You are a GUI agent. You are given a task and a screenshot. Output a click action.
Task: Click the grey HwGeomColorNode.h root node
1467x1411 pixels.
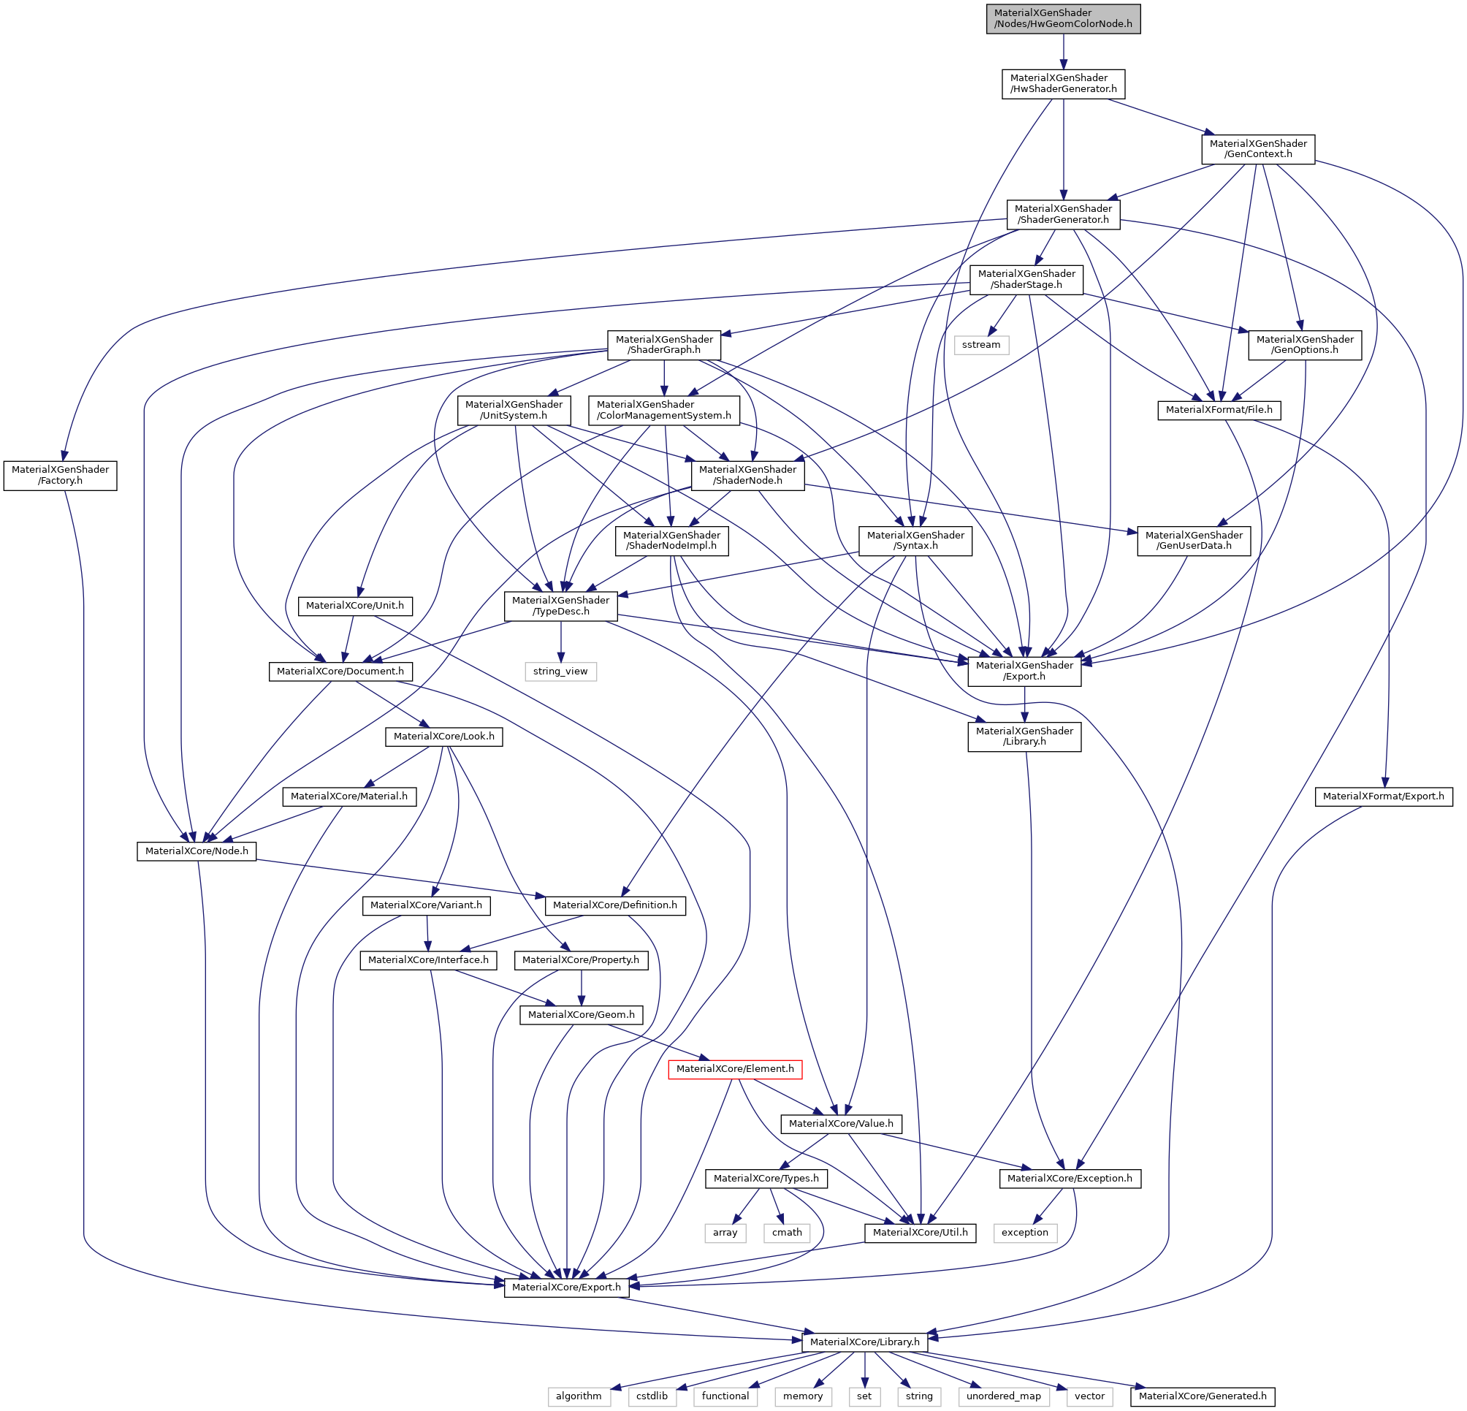click(x=1063, y=19)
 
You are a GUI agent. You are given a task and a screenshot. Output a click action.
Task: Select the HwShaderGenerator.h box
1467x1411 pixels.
click(x=1063, y=83)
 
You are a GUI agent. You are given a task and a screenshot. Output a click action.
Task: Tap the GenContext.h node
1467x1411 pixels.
click(x=1258, y=149)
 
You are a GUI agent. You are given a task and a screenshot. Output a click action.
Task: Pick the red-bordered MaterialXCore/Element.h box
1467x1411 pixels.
click(x=735, y=1068)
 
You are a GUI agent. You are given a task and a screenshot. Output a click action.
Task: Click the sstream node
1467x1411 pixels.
click(x=981, y=344)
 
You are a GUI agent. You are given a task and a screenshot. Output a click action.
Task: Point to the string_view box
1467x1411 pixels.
click(x=560, y=671)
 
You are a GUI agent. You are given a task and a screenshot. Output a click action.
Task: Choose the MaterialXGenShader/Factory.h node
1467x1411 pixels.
click(x=61, y=475)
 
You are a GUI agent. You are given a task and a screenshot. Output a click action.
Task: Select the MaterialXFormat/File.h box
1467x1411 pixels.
click(x=1219, y=410)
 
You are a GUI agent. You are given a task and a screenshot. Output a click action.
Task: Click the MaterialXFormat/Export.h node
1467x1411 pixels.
click(x=1383, y=796)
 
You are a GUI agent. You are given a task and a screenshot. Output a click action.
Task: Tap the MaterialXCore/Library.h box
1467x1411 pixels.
click(x=864, y=1342)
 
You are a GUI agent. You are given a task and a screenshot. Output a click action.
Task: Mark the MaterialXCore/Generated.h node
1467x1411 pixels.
click(x=1203, y=1397)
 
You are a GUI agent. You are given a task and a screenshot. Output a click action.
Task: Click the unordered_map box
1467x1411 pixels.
click(x=1003, y=1397)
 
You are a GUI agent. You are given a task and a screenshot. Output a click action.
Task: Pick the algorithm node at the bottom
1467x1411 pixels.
click(x=579, y=1397)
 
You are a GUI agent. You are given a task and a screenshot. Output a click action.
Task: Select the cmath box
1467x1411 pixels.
click(x=787, y=1233)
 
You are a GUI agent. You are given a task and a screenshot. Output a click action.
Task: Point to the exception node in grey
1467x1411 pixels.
click(x=1025, y=1233)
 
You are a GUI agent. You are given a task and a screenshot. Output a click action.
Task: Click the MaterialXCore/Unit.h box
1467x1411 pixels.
click(x=355, y=606)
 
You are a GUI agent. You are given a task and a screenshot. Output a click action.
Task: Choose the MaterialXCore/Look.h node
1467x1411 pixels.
click(x=444, y=737)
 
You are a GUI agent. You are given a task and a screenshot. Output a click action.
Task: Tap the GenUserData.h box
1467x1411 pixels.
click(x=1194, y=541)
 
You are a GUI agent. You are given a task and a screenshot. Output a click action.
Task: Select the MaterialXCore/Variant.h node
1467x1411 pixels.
click(x=427, y=905)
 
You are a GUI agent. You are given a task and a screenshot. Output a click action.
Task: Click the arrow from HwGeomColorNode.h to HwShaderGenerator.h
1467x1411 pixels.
click(x=1064, y=52)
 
